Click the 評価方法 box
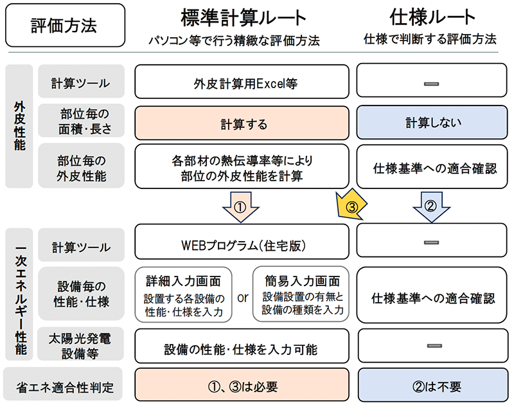(x=64, y=25)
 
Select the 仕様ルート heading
(x=430, y=17)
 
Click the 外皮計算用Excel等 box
(x=242, y=83)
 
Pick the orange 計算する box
(x=242, y=123)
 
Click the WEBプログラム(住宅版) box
(x=242, y=245)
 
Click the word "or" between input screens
(x=243, y=298)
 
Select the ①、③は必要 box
(x=242, y=386)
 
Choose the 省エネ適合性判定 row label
(x=65, y=386)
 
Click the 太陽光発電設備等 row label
(x=81, y=343)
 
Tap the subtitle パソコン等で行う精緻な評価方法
(x=233, y=40)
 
